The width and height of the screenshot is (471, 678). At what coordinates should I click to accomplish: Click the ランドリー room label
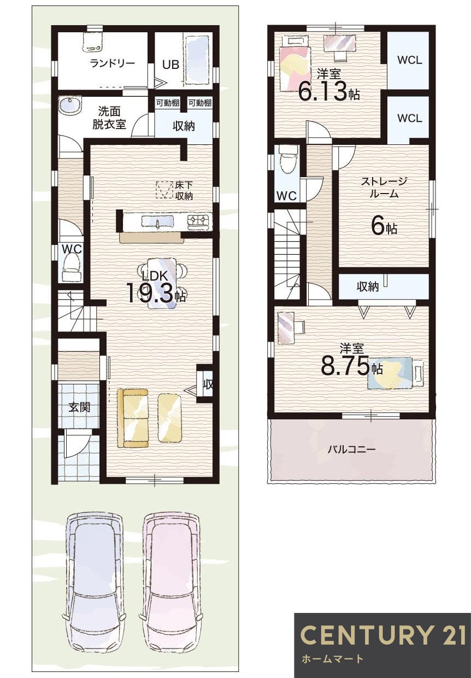pos(112,63)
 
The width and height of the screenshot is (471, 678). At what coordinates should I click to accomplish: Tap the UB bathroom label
pos(170,64)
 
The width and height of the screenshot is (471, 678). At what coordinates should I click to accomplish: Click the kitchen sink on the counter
pos(157,221)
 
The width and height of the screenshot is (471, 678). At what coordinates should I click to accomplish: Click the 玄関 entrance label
pos(79,407)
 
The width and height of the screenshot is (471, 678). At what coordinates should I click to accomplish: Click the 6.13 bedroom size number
pos(323,92)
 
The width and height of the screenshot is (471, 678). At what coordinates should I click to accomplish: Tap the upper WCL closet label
pos(409,60)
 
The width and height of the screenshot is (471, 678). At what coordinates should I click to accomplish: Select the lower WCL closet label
pos(409,118)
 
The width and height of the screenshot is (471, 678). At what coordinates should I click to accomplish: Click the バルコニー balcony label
pos(351,449)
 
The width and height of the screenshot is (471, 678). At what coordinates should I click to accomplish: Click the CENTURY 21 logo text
pos(383,635)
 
